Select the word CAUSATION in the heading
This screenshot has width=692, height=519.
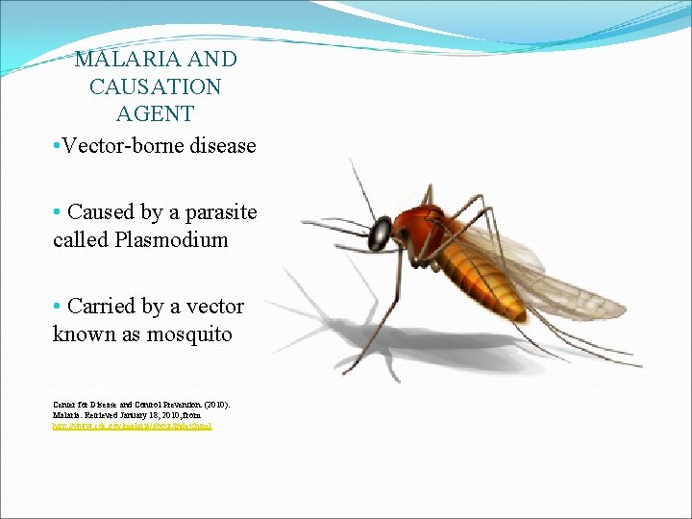click(x=155, y=86)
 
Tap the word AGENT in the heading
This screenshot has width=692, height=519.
click(x=155, y=113)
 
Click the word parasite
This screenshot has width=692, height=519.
click(x=221, y=211)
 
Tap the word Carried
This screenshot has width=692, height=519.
click(x=101, y=307)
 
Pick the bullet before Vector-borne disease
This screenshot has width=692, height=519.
click(x=58, y=147)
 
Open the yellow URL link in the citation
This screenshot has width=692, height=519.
click(x=132, y=425)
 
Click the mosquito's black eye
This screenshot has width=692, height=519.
click(x=383, y=232)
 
